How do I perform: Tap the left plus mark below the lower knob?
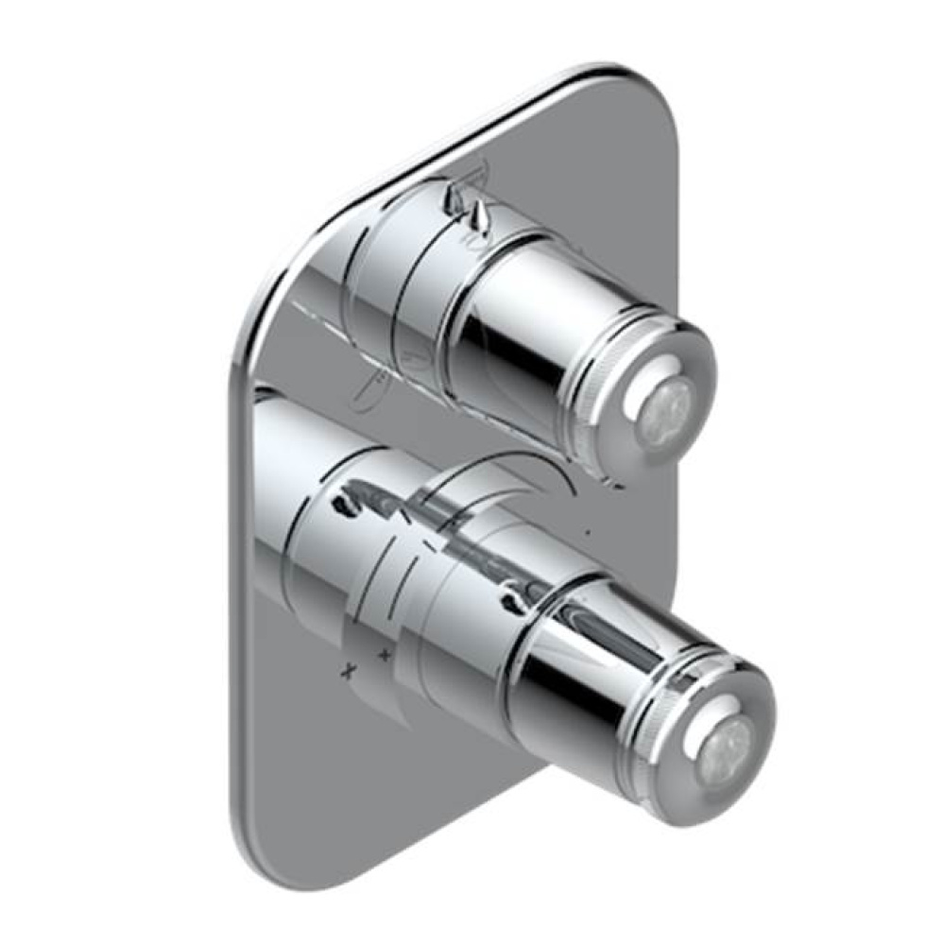(348, 669)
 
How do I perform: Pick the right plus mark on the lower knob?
(385, 653)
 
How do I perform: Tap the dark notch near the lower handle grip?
(515, 595)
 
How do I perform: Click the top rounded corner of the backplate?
(605, 74)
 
